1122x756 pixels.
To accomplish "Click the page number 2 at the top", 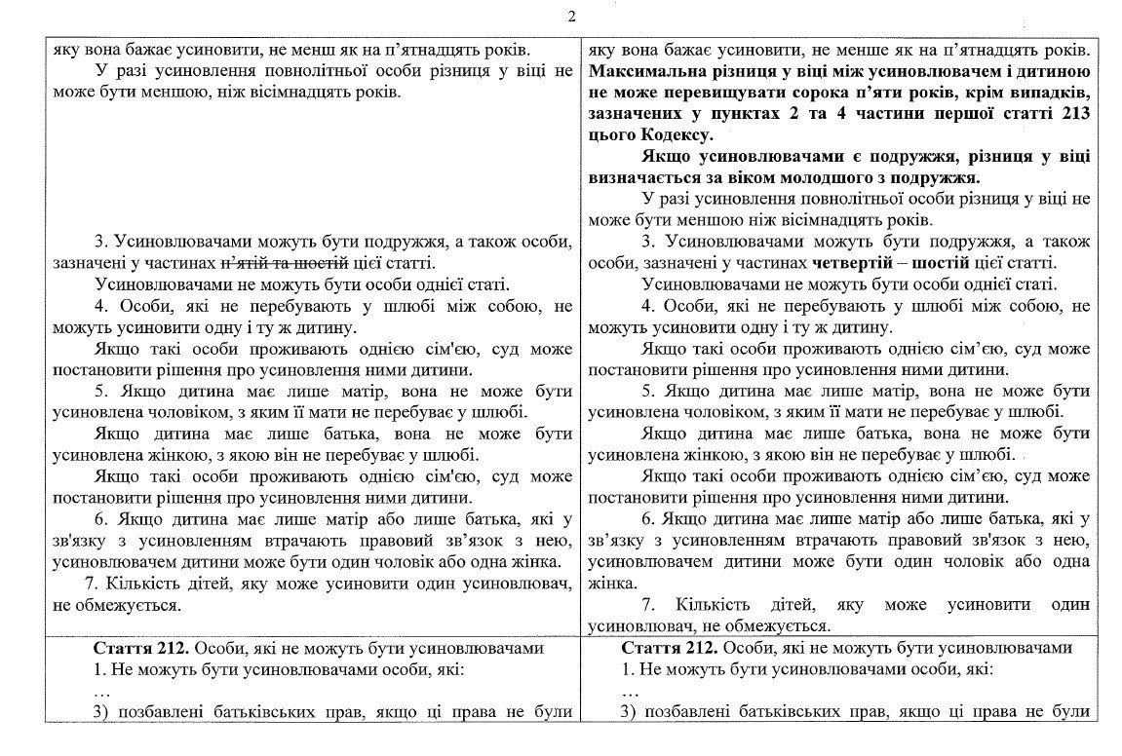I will click(571, 17).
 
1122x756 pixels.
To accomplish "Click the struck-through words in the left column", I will click(286, 263).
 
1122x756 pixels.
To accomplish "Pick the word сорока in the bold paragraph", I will click(835, 93).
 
